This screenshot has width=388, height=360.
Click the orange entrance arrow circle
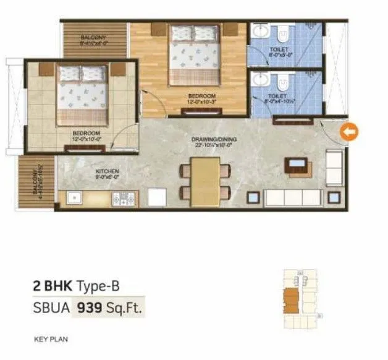pyautogui.click(x=349, y=132)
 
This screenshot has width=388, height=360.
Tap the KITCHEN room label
pyautogui.click(x=107, y=171)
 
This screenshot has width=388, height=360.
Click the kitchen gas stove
pyautogui.click(x=126, y=199)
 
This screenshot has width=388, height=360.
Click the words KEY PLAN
pyautogui.click(x=50, y=340)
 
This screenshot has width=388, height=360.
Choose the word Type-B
pyautogui.click(x=97, y=286)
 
